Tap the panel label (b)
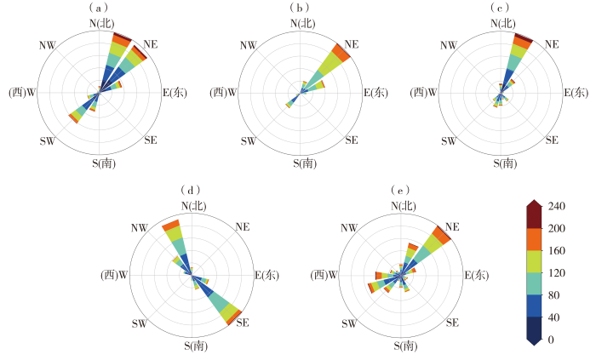click(299, 9)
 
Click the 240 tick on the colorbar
click(557, 206)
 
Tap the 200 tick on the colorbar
click(557, 229)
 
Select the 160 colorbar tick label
click(557, 251)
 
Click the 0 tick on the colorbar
click(552, 340)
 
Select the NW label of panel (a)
click(47, 43)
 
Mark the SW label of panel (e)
click(349, 323)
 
